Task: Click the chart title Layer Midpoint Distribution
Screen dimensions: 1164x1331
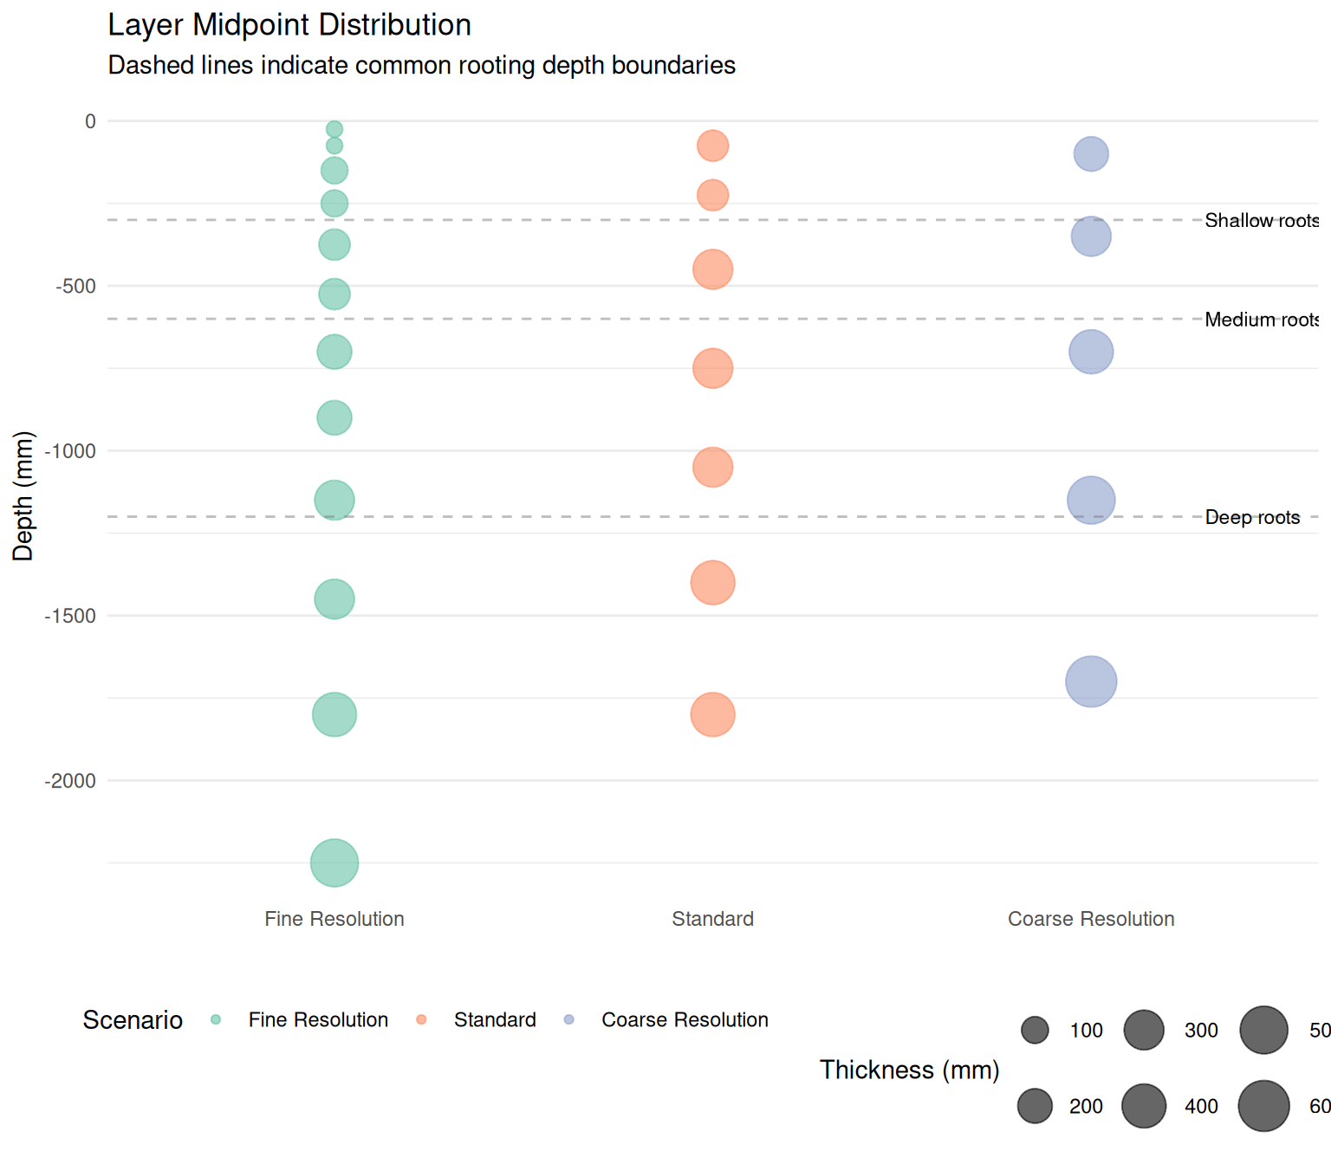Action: [x=289, y=25]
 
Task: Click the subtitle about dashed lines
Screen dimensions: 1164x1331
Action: [x=421, y=66]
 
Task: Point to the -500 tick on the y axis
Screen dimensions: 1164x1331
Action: [x=76, y=287]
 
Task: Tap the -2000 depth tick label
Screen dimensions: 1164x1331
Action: [x=70, y=781]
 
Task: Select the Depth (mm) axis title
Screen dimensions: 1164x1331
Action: [x=23, y=496]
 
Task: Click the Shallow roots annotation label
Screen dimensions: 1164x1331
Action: [x=1261, y=221]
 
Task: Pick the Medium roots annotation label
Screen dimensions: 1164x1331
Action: [x=1261, y=320]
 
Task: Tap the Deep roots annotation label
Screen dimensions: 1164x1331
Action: [x=1252, y=518]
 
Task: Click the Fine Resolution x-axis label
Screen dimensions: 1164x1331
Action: [x=334, y=919]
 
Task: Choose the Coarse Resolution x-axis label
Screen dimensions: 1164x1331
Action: [x=1091, y=919]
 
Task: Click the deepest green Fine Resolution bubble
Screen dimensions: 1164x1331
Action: [x=334, y=863]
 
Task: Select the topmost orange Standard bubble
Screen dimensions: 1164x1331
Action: [x=712, y=145]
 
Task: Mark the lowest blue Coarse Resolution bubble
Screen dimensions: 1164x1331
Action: [x=1091, y=682]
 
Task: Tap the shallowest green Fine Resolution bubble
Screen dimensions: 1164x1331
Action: [x=334, y=129]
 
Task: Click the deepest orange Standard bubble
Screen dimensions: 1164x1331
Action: [x=712, y=715]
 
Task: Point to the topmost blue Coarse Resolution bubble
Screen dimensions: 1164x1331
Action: [x=1091, y=154]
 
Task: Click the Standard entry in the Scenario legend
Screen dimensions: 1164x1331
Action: [x=494, y=1020]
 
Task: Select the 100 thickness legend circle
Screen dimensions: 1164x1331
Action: [x=1035, y=1031]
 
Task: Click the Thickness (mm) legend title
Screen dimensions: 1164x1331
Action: [x=909, y=1070]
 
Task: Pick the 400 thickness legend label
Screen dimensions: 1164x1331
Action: [x=1201, y=1107]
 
